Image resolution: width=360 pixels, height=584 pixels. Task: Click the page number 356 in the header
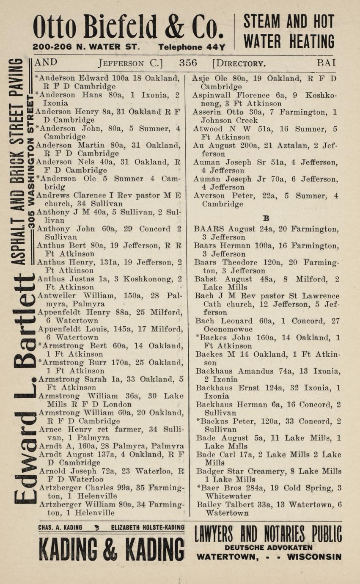[x=188, y=63]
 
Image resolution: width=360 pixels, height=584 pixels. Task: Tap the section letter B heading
[x=266, y=218]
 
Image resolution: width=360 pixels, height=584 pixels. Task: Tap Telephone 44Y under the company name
[x=192, y=47]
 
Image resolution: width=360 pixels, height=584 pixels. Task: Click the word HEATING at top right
[x=312, y=41]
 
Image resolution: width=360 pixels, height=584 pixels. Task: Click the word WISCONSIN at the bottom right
[x=314, y=556]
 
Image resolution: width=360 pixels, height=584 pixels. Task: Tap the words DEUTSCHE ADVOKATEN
[x=268, y=547]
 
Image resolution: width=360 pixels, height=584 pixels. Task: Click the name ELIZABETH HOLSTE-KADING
[x=148, y=528]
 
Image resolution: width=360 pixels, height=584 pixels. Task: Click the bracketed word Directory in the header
[x=239, y=63]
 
